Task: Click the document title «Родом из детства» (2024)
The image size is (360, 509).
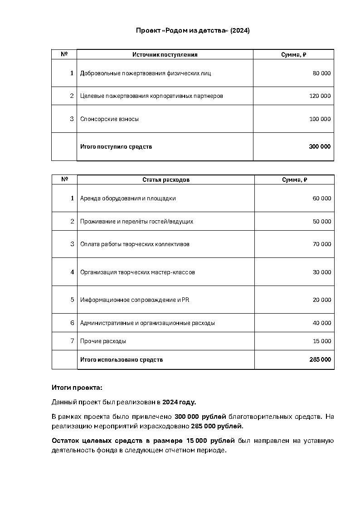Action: pyautogui.click(x=193, y=30)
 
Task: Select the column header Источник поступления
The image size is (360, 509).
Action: pyautogui.click(x=165, y=55)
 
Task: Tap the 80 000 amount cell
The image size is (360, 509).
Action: pyautogui.click(x=321, y=73)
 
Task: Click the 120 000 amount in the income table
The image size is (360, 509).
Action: pyautogui.click(x=320, y=96)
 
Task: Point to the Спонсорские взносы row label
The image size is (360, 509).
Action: pyautogui.click(x=109, y=119)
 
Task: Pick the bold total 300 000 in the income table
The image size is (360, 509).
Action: pyautogui.click(x=320, y=147)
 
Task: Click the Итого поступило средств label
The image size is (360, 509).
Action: pyautogui.click(x=116, y=147)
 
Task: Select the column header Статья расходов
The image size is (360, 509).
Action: pyautogui.click(x=166, y=180)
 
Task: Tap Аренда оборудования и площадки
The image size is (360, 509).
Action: pyautogui.click(x=128, y=199)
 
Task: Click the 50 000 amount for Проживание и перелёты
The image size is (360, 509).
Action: pyautogui.click(x=322, y=222)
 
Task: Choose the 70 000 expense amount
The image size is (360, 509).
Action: pyautogui.click(x=322, y=244)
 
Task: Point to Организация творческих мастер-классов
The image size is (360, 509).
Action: pyautogui.click(x=137, y=272)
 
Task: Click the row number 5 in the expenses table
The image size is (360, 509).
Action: pyautogui.click(x=72, y=300)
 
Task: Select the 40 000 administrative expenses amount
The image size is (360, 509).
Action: pyautogui.click(x=322, y=323)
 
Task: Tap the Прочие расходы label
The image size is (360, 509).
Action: pyautogui.click(x=103, y=341)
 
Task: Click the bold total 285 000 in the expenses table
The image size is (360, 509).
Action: pyautogui.click(x=320, y=360)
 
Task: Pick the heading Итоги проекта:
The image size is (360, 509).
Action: pyautogui.click(x=77, y=388)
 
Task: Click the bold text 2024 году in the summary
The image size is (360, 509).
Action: pyautogui.click(x=179, y=402)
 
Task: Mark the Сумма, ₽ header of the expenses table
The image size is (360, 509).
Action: pyautogui.click(x=294, y=180)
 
